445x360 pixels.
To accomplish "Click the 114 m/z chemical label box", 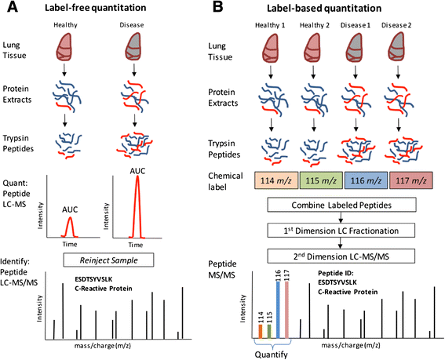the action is point(276,180).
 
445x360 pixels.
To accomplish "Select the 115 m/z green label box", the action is point(321,180).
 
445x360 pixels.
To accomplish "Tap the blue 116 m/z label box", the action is point(366,180).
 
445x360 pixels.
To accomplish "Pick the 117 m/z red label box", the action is point(411,180).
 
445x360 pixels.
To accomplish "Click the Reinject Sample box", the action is point(108,260).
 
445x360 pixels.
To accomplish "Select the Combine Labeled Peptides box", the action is point(341,205).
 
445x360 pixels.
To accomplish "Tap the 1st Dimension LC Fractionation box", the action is point(341,231).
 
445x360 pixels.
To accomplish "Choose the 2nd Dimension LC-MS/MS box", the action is point(341,256).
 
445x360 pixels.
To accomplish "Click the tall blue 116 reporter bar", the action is point(278,310).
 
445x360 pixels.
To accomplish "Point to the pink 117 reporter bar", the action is point(286,310).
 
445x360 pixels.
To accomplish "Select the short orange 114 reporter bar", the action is point(261,331).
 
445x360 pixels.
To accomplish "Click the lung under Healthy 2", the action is point(313,48).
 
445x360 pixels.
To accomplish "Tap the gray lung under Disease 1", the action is point(356,48).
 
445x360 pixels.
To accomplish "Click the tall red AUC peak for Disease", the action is point(137,206).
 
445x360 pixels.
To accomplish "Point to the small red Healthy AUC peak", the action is point(70,227).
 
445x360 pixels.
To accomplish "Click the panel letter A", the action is point(13,7).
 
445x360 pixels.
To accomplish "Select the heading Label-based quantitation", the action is point(324,8).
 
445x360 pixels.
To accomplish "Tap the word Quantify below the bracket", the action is point(271,355).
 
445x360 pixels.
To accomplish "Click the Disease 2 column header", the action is point(396,25).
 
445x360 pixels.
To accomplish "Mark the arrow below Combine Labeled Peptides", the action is point(341,217).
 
